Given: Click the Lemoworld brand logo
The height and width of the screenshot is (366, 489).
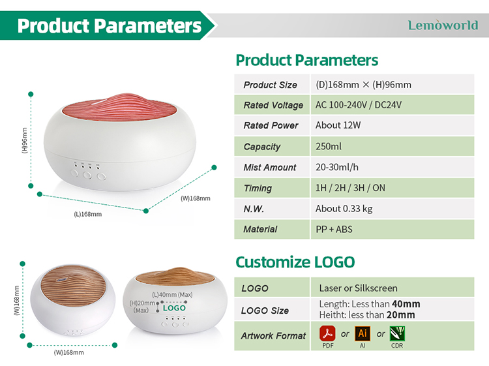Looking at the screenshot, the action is (443, 25).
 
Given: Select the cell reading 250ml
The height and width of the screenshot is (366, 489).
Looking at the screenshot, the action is (329, 146).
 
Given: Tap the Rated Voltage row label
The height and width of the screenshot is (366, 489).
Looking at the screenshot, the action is (273, 105).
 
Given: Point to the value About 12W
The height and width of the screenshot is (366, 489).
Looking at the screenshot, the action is (338, 125).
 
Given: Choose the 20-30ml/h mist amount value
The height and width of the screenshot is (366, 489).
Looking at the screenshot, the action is (337, 167).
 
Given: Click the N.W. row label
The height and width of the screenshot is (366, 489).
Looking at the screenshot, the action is (254, 209).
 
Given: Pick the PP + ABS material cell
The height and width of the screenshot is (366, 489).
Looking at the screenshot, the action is (334, 230).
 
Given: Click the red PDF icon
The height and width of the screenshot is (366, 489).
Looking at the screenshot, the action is (327, 333).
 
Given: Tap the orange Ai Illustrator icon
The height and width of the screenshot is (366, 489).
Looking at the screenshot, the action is (363, 333).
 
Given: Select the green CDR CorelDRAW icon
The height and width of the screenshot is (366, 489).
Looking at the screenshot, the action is (397, 333).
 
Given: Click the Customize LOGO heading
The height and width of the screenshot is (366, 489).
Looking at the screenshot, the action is (295, 262).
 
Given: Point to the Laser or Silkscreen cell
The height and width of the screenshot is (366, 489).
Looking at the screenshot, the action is (359, 288).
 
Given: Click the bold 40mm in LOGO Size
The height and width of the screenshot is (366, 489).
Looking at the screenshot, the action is (406, 304).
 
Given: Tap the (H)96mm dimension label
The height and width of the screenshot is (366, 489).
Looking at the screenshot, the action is (25, 140).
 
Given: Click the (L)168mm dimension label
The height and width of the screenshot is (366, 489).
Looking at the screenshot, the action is (87, 215).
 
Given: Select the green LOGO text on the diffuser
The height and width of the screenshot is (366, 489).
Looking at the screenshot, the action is (174, 308).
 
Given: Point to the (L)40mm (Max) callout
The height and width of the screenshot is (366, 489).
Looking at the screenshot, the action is (172, 294).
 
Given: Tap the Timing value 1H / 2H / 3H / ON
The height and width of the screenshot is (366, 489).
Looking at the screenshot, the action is (350, 188).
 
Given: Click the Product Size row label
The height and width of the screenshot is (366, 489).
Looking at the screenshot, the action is (270, 85).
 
